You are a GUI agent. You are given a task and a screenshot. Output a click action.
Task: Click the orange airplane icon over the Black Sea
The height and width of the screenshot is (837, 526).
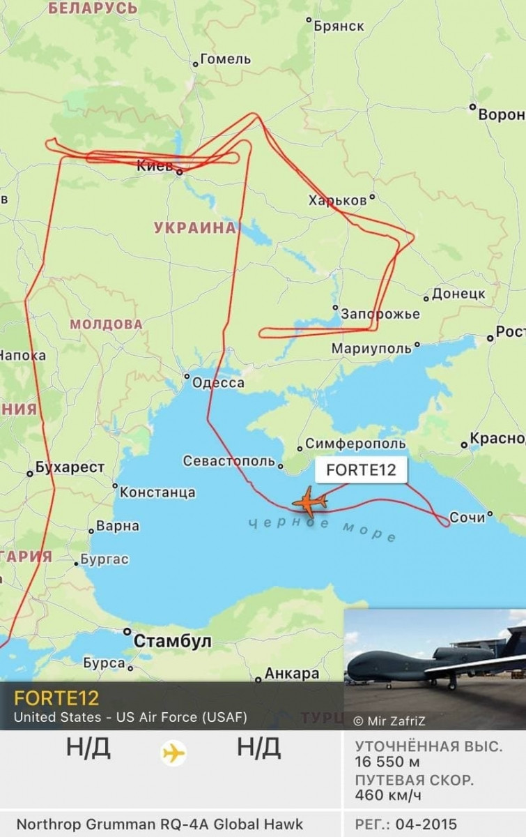coord(310,502)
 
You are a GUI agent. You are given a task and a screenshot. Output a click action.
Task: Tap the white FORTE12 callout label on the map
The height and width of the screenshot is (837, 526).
coord(360,470)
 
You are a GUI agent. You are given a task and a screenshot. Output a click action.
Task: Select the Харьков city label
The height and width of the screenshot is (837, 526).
coord(337,200)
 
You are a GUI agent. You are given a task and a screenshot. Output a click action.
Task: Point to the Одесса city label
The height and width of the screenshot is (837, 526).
coord(218,383)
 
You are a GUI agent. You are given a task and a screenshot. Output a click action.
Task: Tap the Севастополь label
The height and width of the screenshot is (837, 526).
coord(229,461)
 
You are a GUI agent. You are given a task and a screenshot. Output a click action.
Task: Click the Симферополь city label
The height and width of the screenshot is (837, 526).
coord(355,444)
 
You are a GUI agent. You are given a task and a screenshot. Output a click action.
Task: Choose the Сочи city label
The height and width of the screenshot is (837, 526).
coord(466,517)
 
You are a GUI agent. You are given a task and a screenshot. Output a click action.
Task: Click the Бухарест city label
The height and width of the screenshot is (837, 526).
coord(70,467)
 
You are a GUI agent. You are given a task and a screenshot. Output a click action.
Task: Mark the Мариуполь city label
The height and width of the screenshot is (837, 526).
coord(372,348)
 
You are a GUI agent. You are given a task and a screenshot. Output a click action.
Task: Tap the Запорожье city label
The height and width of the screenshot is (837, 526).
coord(380,314)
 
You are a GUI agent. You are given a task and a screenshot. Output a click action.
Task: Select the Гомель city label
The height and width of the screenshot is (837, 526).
coord(225,59)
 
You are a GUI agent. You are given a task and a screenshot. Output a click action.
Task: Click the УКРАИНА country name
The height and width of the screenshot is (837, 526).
coord(194,227)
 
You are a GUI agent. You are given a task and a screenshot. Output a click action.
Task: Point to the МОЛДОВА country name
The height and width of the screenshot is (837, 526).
coord(106,324)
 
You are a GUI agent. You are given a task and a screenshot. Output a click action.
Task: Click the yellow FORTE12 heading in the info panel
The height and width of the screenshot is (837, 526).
coord(56,697)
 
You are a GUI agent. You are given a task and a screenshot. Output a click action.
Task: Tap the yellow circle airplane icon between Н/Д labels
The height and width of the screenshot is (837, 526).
coord(173,753)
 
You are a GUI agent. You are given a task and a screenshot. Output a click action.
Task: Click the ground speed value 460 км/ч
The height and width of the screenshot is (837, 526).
coord(388,795)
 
